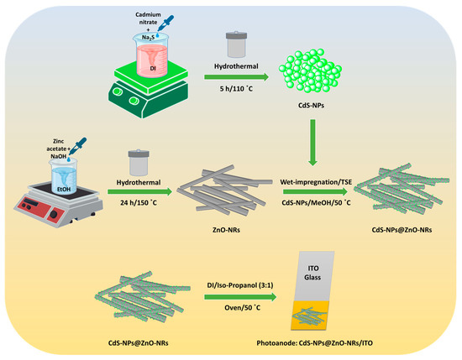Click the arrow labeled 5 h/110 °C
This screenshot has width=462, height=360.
click(237, 77)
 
